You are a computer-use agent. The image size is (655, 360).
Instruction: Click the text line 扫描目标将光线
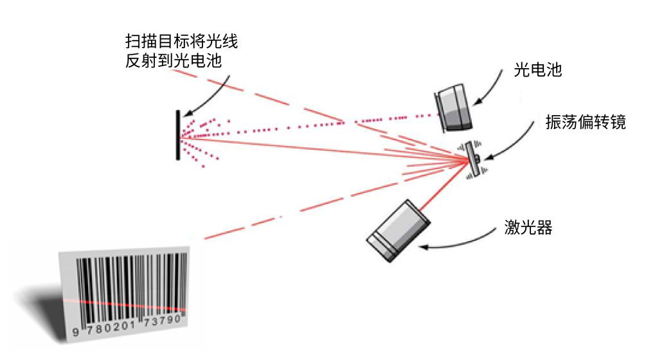pyautogui.click(x=181, y=43)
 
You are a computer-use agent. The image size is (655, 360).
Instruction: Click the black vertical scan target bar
pyautogui.click(x=177, y=135)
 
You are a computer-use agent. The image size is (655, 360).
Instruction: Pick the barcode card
pyautogui.click(x=126, y=292)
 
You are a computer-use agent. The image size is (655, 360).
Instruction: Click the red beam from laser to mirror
pyautogui.click(x=444, y=186)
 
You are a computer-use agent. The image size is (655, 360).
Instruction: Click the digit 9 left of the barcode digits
pyautogui.click(x=76, y=332)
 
